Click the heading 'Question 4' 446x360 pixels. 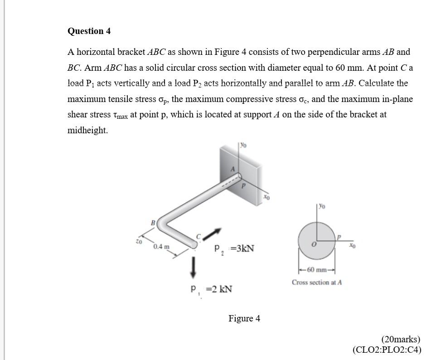89,31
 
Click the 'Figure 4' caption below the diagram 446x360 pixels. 244,318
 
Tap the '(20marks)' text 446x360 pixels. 401,339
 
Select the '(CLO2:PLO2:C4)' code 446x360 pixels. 387,350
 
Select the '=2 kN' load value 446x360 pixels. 219,289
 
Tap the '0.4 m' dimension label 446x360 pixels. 161,247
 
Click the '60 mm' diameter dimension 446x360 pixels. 316,270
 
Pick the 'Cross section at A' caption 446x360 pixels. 316,282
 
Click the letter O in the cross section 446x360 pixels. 312,245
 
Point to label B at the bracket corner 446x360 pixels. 153,223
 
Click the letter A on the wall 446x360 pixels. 233,169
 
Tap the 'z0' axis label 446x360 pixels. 138,242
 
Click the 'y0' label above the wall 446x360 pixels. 243,146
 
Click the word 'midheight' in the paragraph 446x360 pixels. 87,130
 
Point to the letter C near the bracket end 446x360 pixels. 198,236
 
